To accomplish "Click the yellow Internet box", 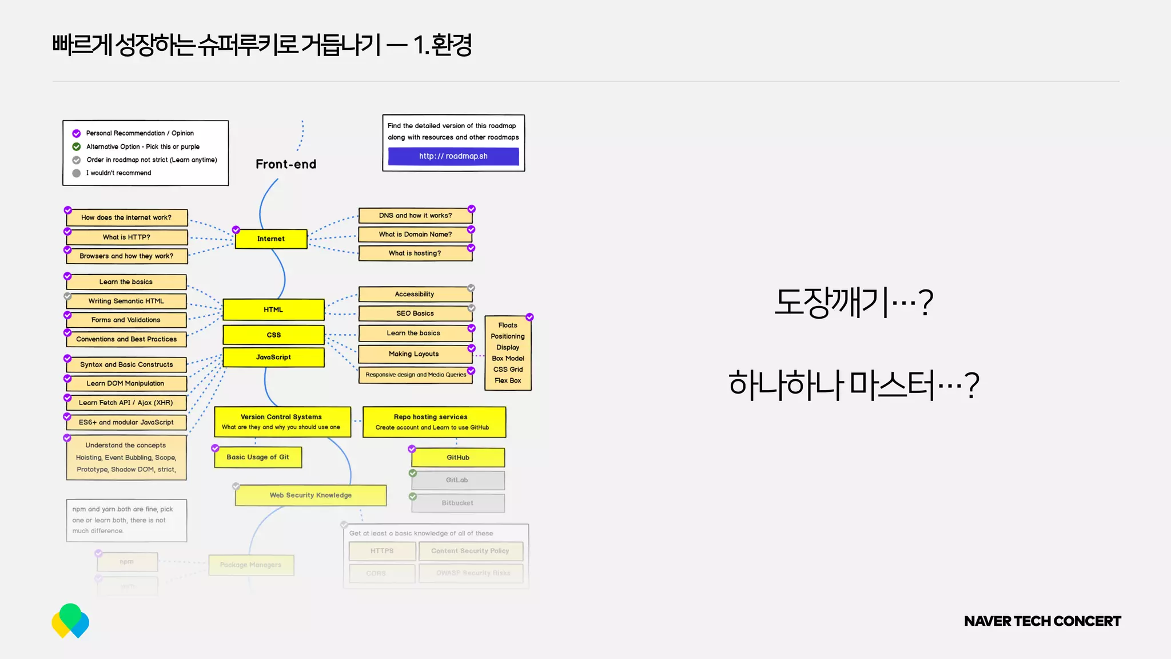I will tap(271, 239).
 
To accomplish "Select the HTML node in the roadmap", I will tap(273, 309).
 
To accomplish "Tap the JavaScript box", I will tap(273, 357).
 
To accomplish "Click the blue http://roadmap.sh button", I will tap(453, 156).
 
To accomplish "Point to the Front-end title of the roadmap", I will tap(286, 164).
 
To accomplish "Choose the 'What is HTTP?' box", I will tap(126, 237).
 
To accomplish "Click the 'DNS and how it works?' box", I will tap(415, 216).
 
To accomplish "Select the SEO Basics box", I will tap(415, 313).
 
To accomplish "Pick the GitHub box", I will tap(458, 458).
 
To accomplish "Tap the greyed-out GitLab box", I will tap(457, 481).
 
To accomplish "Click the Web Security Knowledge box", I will tap(310, 495).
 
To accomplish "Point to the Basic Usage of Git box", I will tap(258, 457).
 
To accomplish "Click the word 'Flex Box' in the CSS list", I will tap(508, 380).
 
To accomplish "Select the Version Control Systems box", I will tap(282, 422).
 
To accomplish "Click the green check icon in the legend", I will tap(77, 147).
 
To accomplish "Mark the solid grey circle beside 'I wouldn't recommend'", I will tap(77, 173).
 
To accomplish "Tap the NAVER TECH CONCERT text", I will tap(1042, 621).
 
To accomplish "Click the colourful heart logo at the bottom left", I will tap(70, 621).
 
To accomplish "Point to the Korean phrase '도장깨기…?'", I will tap(853, 302).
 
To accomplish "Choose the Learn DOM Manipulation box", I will tap(126, 383).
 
